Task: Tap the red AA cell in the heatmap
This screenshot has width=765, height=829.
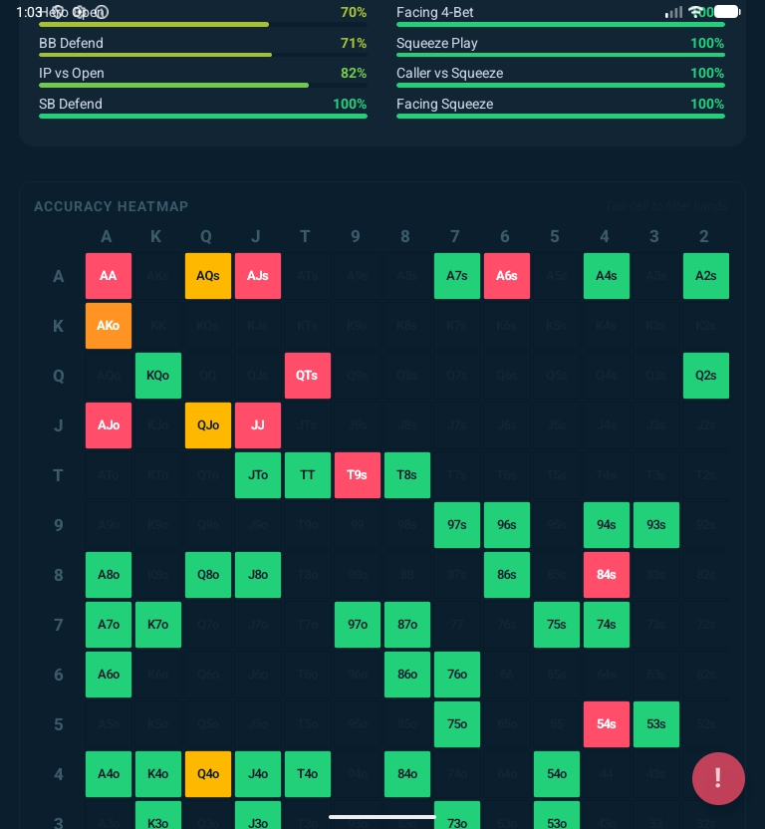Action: pos(109,276)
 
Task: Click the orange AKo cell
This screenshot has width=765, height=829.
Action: pos(109,326)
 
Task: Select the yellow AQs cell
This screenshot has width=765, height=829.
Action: pos(208,276)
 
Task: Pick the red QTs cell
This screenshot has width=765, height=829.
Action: pos(308,376)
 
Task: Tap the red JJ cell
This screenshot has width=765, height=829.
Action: pos(258,425)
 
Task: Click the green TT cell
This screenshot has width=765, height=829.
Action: pos(308,475)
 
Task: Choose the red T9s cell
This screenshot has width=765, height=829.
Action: pos(358,475)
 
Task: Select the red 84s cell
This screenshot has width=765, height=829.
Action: pos(607,575)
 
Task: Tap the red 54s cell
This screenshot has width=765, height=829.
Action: pos(607,724)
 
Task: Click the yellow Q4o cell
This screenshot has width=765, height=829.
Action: pos(208,774)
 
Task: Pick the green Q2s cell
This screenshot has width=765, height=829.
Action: pos(706,376)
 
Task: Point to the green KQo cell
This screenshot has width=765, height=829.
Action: pos(158,376)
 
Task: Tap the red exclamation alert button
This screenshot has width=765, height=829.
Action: pos(718,778)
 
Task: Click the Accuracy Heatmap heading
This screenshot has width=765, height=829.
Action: pos(112,206)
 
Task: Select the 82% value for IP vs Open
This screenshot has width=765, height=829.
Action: pos(354,73)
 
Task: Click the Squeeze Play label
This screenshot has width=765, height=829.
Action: pos(437,43)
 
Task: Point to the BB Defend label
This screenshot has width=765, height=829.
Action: pos(71,43)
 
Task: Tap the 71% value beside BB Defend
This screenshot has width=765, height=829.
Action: pos(354,43)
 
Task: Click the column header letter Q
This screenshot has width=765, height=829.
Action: pos(206,236)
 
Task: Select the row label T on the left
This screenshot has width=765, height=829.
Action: pos(59,475)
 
